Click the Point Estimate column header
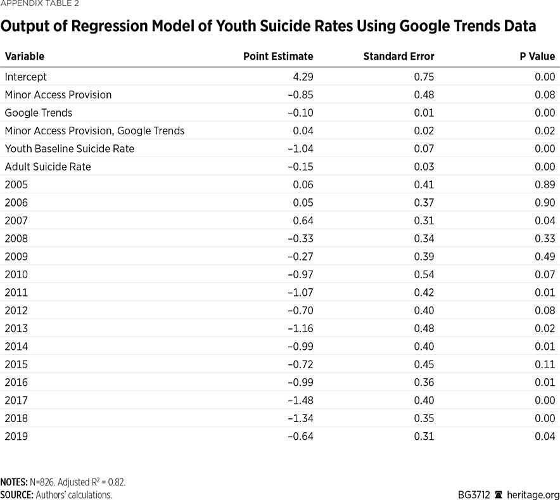[x=278, y=56]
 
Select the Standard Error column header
[x=398, y=56]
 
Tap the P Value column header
[x=537, y=56]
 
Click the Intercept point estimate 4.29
[x=303, y=77]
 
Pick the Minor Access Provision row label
[x=58, y=94]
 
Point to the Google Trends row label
[x=39, y=113]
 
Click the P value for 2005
[x=545, y=184]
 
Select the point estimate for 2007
[x=303, y=221]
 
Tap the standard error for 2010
[x=424, y=274]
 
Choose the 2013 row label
[x=16, y=328]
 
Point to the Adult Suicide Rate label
[x=48, y=167]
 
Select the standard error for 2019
[x=424, y=436]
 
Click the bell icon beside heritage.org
[x=498, y=494]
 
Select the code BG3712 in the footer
[x=474, y=494]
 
